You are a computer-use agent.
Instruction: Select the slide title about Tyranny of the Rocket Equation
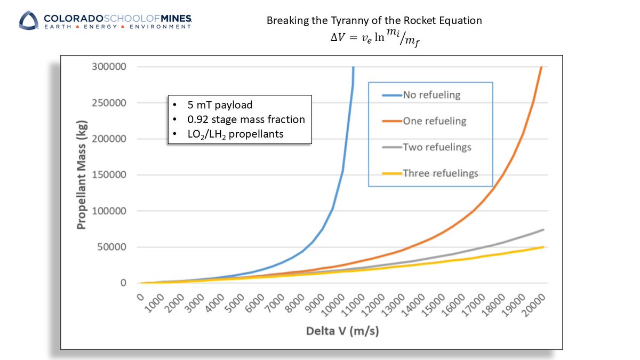pos(374,21)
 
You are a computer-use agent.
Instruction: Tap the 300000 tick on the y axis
pos(110,67)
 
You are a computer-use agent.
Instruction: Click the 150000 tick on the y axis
pos(110,175)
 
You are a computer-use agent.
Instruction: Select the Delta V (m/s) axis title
pos(342,331)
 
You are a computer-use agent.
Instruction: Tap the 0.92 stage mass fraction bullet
pos(239,119)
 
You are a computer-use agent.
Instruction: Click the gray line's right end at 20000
pos(543,230)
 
